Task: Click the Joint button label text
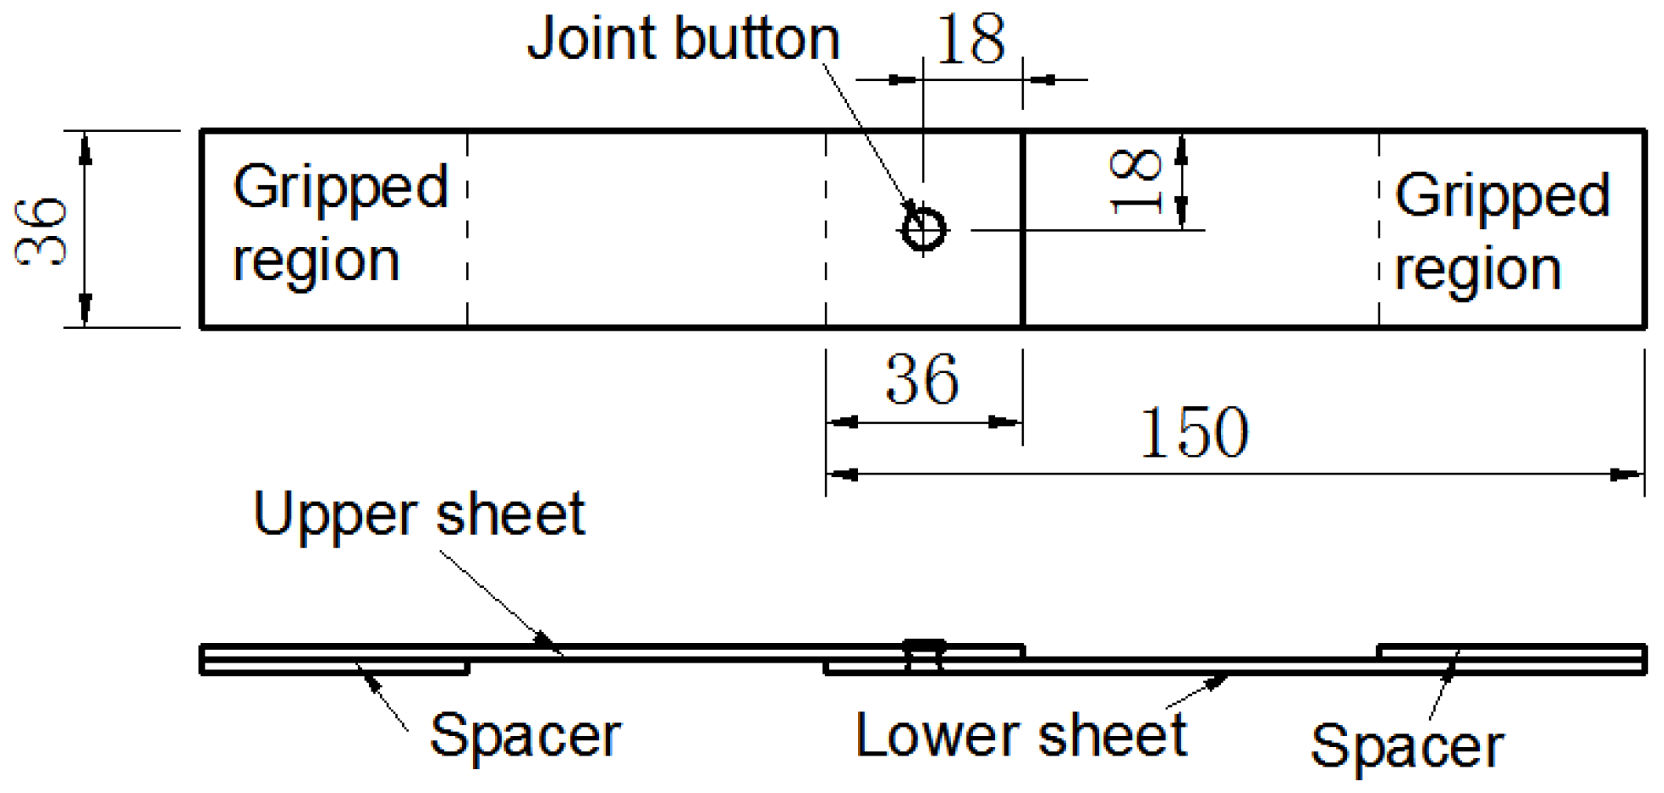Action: pyautogui.click(x=683, y=39)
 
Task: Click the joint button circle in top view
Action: pyautogui.click(x=924, y=230)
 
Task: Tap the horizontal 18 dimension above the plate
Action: pyautogui.click(x=970, y=41)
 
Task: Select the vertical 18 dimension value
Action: pyautogui.click(x=1137, y=181)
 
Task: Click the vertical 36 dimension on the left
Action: pyautogui.click(x=43, y=232)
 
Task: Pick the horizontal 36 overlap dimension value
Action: pyautogui.click(x=923, y=380)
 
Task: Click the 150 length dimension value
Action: pyautogui.click(x=1194, y=433)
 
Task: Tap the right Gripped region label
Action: pyautogui.click(x=1501, y=232)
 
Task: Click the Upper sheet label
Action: pyautogui.click(x=419, y=514)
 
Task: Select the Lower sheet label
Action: pyautogui.click(x=1021, y=735)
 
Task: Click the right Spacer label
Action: pyautogui.click(x=1407, y=746)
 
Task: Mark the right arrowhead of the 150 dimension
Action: pyautogui.click(x=1627, y=474)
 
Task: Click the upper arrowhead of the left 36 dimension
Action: pyautogui.click(x=84, y=148)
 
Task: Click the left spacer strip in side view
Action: pyautogui.click(x=334, y=668)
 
